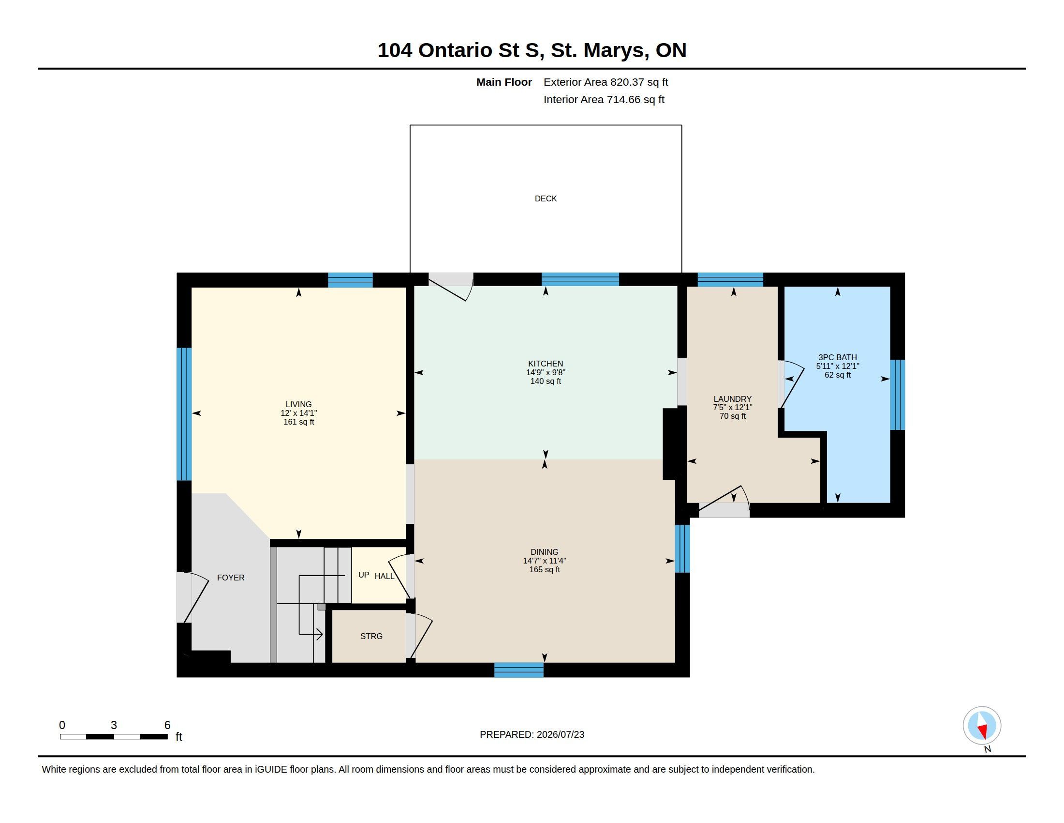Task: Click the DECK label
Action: click(x=546, y=198)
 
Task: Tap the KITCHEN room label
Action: click(x=546, y=364)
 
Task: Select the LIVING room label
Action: click(x=298, y=404)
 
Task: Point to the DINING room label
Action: click(x=545, y=552)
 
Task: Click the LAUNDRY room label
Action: click(x=733, y=399)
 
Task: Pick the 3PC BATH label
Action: click(x=838, y=357)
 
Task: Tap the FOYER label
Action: click(x=231, y=578)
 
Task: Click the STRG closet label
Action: click(x=371, y=636)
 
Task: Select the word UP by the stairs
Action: click(x=363, y=575)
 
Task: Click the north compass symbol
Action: click(x=982, y=726)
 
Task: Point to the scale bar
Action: click(x=114, y=736)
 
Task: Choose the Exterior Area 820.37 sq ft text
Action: click(x=606, y=82)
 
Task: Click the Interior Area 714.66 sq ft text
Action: click(x=604, y=99)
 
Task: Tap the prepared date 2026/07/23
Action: click(x=560, y=734)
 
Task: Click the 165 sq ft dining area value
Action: click(x=545, y=569)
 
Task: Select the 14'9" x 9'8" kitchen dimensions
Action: click(x=546, y=372)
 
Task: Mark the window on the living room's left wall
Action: click(x=184, y=414)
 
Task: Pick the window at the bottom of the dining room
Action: click(x=519, y=670)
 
